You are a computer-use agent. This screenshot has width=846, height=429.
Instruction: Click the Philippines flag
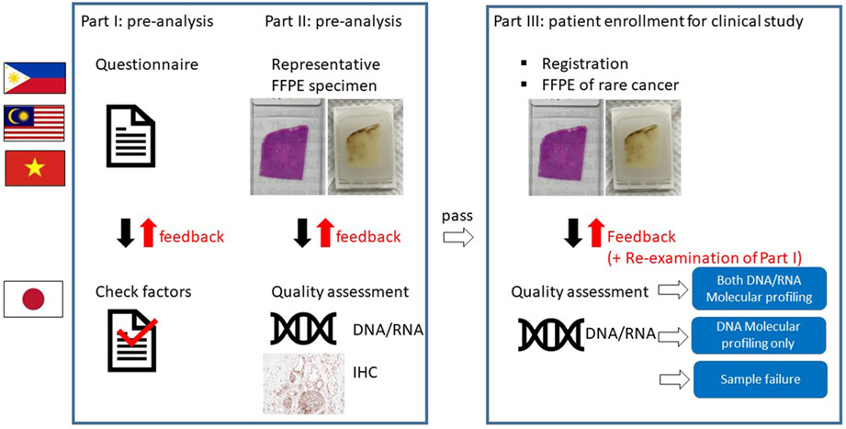35,78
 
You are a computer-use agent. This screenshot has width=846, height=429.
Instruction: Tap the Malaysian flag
34,122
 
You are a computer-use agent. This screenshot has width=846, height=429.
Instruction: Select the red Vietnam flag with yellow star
35,168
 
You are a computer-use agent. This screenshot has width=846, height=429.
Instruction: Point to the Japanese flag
33,299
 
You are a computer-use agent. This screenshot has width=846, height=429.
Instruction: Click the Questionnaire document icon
130,135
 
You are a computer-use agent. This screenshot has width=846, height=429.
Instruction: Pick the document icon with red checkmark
133,341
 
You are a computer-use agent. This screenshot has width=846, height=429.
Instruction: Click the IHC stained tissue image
304,383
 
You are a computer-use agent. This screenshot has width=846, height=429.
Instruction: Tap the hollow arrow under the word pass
458,237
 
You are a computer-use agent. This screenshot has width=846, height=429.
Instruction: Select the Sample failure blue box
760,379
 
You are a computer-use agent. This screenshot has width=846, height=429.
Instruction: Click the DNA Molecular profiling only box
760,335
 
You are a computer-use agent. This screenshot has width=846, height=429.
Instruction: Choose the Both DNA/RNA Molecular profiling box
760,288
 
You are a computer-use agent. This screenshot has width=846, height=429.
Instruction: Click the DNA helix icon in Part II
303,328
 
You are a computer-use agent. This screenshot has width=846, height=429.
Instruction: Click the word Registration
585,63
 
